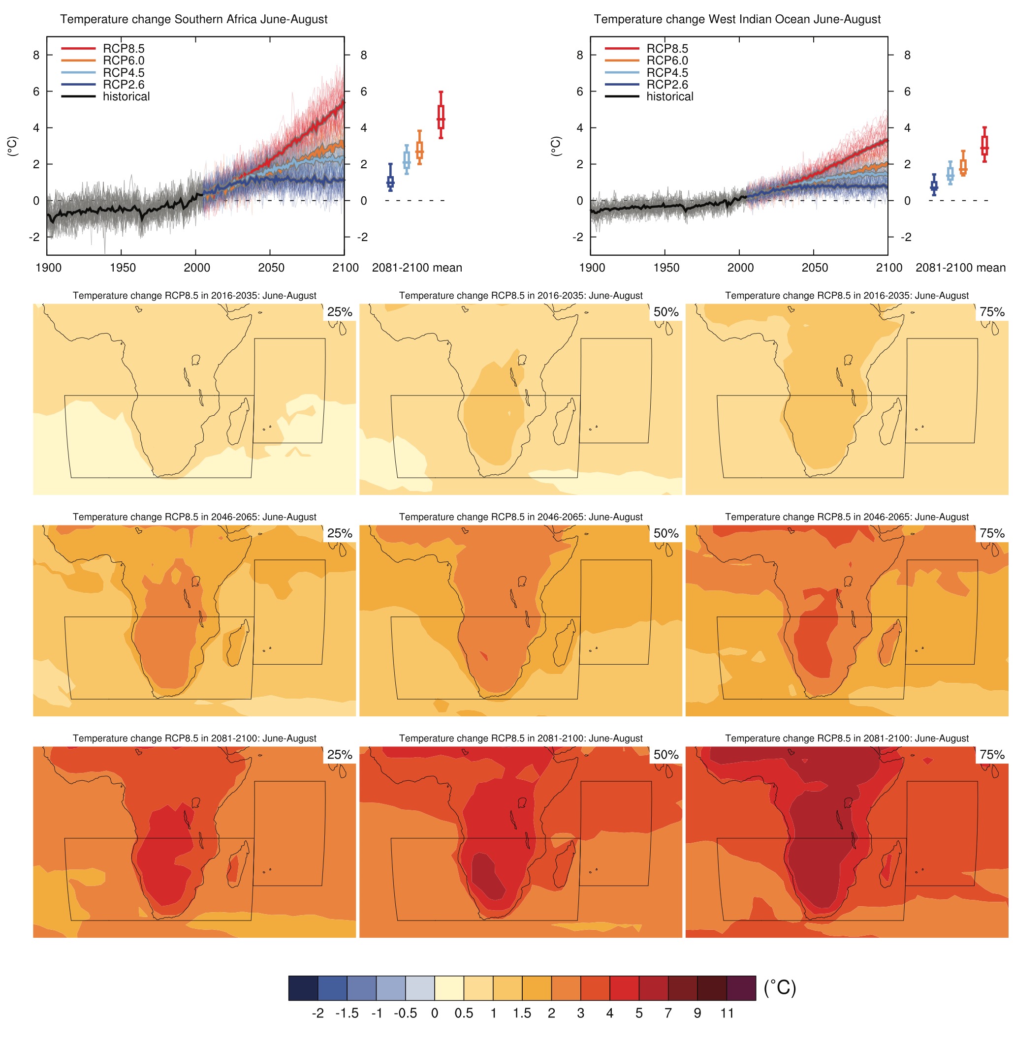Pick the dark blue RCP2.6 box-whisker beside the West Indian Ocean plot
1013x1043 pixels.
(934, 185)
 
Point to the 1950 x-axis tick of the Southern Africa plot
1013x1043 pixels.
(123, 268)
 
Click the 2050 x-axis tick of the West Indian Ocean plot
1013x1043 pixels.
(815, 268)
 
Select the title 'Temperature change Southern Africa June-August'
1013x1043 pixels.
(194, 19)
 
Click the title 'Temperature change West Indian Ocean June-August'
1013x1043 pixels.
(737, 19)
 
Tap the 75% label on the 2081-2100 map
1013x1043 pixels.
(992, 755)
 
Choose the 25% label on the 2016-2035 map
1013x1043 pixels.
(340, 312)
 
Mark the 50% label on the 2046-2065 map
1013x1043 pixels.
(665, 533)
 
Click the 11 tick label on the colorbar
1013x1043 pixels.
(727, 1013)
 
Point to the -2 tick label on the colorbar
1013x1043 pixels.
(318, 1013)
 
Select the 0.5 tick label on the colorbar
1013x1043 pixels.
(464, 1013)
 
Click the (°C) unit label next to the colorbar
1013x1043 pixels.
(780, 988)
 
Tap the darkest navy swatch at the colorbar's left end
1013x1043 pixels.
(303, 988)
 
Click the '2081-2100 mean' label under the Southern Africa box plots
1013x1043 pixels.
(417, 268)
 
